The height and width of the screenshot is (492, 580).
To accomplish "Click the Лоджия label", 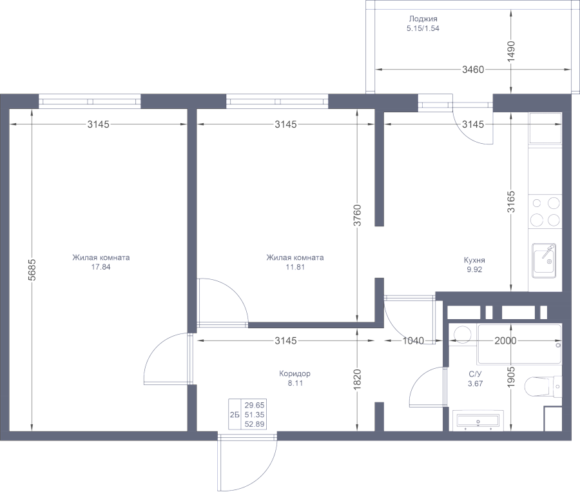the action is tap(423, 19).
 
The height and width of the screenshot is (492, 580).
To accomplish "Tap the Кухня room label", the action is tap(474, 261).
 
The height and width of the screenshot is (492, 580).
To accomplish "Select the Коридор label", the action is tap(295, 373).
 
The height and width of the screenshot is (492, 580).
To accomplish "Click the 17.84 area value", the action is tap(101, 267).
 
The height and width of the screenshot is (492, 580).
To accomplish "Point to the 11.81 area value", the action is tap(295, 267).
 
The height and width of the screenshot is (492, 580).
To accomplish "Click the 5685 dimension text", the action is tap(32, 270).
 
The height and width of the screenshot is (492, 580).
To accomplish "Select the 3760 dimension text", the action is tap(357, 215).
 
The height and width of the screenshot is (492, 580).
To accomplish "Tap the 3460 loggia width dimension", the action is tap(473, 69).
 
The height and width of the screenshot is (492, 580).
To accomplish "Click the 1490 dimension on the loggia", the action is tap(511, 52).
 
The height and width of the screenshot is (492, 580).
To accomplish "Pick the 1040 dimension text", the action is tap(413, 340).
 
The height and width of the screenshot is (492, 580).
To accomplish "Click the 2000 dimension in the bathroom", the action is tap(505, 340).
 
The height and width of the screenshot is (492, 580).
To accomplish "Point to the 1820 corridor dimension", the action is tap(357, 379).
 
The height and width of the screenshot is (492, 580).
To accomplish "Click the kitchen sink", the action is tap(544, 261).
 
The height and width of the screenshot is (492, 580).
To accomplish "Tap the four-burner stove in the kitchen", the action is tap(545, 212).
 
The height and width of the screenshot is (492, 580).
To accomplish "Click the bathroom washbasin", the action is tap(478, 420).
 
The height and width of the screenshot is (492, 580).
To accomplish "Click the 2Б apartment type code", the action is tap(235, 415).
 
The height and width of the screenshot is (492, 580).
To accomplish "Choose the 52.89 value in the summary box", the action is tap(255, 424).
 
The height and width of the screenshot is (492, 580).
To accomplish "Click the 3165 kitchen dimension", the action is tap(511, 201).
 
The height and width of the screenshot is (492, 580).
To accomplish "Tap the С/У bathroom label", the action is tap(475, 374).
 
